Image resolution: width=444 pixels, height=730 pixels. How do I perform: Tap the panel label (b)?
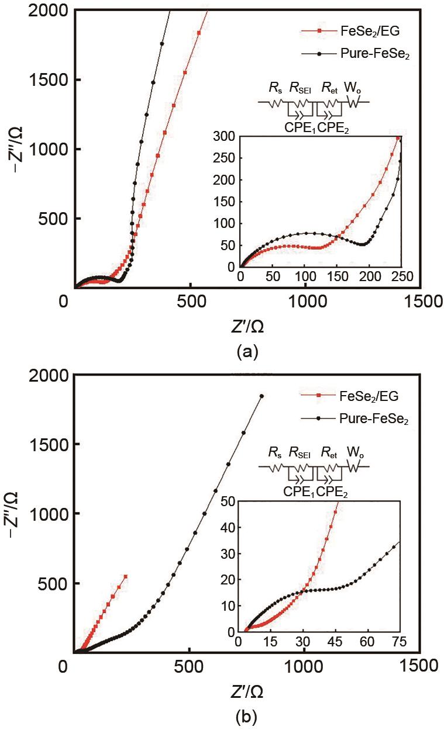245,715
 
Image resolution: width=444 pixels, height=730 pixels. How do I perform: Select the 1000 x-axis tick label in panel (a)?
304,302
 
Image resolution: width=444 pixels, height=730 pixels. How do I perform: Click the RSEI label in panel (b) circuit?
301,453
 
